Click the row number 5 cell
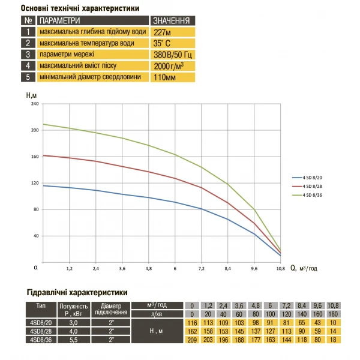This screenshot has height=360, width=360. (28, 77)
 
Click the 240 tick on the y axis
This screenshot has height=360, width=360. (34, 104)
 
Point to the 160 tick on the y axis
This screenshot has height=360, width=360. (34, 157)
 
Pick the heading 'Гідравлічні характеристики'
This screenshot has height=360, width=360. (77, 293)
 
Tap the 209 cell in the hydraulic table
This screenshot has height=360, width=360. (193, 340)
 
